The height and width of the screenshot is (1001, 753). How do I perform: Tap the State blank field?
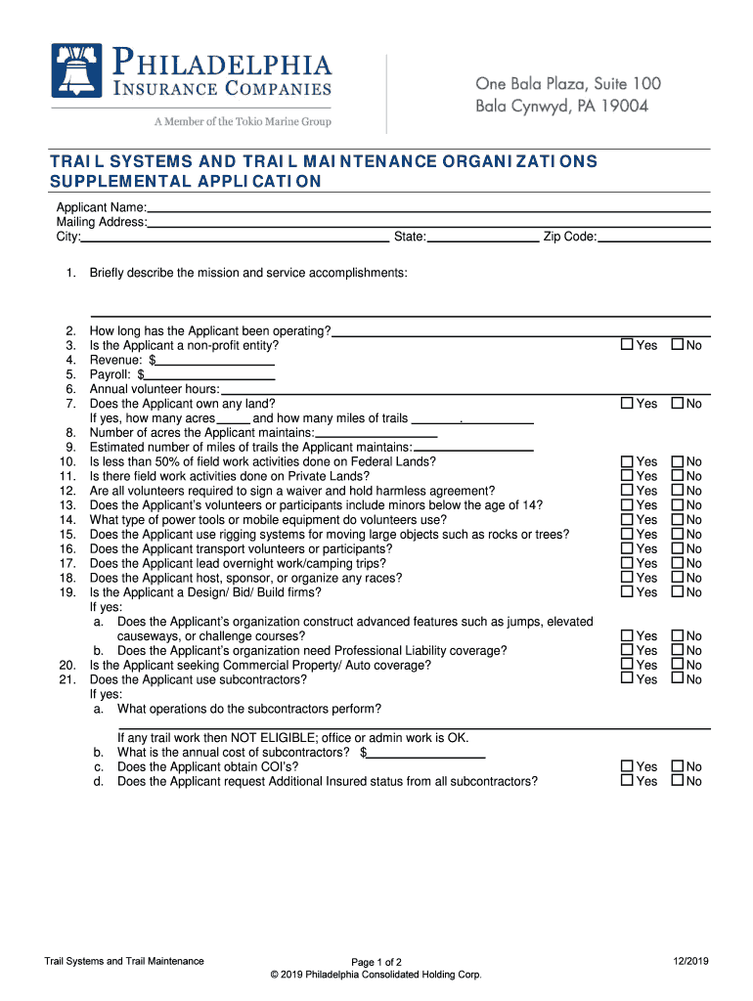(483, 236)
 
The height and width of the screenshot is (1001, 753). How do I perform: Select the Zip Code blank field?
(653, 236)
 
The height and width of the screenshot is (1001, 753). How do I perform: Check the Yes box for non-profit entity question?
(628, 345)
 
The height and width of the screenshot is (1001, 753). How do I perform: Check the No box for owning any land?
(677, 403)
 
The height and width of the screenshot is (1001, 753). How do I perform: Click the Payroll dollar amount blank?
(209, 374)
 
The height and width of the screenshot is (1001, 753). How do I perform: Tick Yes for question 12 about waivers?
(628, 491)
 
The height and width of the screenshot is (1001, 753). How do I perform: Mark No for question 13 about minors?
(677, 505)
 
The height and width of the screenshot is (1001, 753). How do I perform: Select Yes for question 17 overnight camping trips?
(628, 563)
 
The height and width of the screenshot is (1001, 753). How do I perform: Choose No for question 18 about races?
(677, 578)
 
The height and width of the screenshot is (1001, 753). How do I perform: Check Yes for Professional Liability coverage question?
(628, 650)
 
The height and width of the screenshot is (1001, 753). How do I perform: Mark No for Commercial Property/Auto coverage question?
(677, 665)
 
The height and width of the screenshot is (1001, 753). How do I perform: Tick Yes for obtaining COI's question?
(628, 766)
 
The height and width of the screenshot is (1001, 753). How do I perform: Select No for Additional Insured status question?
(677, 781)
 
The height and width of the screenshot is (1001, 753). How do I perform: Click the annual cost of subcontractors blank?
(426, 753)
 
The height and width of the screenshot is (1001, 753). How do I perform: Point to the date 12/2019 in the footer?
(690, 961)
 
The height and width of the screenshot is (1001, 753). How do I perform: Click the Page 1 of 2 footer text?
(376, 962)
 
